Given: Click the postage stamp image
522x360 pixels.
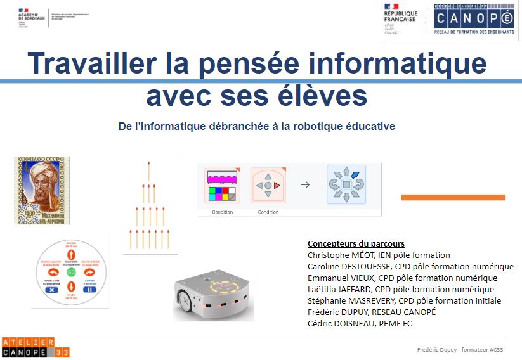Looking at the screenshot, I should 42,191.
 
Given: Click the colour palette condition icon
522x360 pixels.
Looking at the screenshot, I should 222,186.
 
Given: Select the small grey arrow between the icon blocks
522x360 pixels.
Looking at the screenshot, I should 305,185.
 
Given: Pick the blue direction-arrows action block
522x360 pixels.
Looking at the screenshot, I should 346,184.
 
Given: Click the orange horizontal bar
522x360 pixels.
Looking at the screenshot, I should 453,198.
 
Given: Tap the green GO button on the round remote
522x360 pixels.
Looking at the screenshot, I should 71,271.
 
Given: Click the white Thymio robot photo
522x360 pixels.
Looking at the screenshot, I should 214,295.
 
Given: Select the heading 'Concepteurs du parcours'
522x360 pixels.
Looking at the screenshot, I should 356,244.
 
